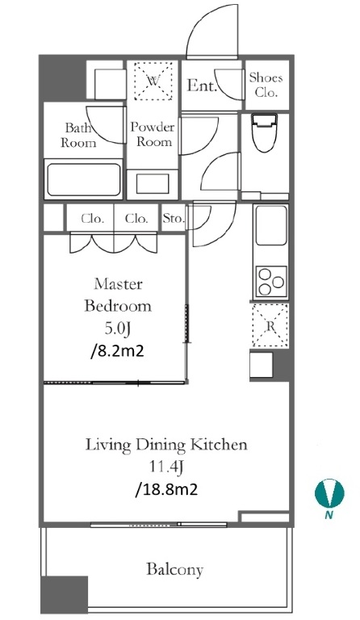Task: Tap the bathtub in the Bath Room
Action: coord(83,179)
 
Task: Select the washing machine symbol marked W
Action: coord(153,82)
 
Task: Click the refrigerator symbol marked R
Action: coord(270,326)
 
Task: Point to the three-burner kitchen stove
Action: coord(271,282)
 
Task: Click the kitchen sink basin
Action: coord(271,225)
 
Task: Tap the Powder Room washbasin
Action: coord(153,183)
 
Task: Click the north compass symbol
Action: coord(329,493)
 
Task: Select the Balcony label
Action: coord(174,569)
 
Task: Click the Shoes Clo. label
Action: coord(266,85)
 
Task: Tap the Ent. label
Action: coord(202,86)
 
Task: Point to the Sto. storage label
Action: coord(174,218)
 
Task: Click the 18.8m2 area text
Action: coord(166,489)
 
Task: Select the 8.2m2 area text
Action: coord(117,350)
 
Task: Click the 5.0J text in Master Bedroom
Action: coord(117,329)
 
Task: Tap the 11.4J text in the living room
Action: coord(166,467)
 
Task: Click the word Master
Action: coord(118,283)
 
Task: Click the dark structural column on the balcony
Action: coord(65,594)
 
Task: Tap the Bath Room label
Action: coord(78,136)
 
